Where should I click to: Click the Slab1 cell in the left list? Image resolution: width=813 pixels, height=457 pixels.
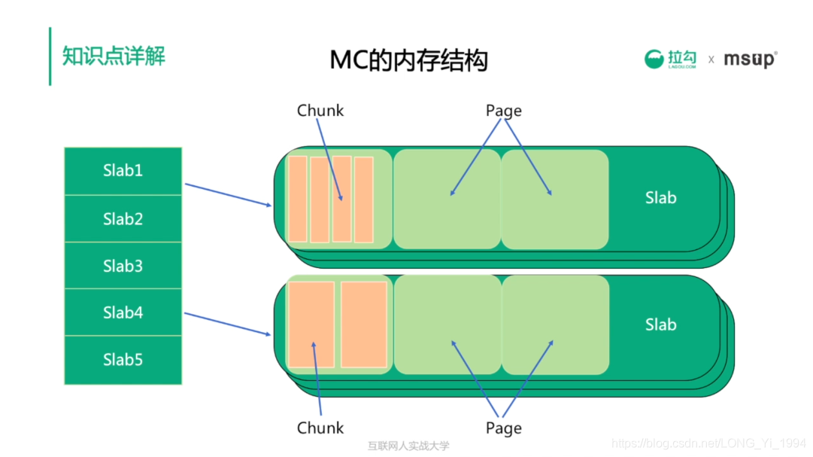(123, 171)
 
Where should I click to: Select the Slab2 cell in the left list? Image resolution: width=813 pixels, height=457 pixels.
(123, 219)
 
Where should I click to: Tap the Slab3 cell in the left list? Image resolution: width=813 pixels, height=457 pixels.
(123, 266)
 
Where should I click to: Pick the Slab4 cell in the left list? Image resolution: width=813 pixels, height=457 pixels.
(123, 312)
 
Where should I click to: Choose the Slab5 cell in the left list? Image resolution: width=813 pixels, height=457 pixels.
(123, 360)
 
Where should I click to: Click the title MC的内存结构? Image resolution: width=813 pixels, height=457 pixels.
(408, 59)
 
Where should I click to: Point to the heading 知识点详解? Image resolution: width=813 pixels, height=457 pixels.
(114, 56)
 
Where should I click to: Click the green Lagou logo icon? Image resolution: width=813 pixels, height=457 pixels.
(656, 59)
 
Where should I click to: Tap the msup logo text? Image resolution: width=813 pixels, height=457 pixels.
(750, 59)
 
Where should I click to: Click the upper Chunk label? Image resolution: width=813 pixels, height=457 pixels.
(320, 111)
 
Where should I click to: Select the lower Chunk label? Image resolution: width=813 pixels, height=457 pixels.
(320, 428)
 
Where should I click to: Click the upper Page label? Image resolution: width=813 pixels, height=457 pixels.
(503, 111)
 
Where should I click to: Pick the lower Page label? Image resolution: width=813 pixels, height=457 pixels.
(503, 428)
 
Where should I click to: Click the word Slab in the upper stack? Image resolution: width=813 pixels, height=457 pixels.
(660, 198)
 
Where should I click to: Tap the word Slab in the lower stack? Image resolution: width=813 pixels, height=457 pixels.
(660, 324)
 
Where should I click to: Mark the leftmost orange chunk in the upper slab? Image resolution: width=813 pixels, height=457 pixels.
(298, 199)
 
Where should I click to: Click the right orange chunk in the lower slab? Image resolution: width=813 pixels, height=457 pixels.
(363, 324)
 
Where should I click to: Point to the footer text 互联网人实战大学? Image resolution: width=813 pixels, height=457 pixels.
(408, 446)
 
